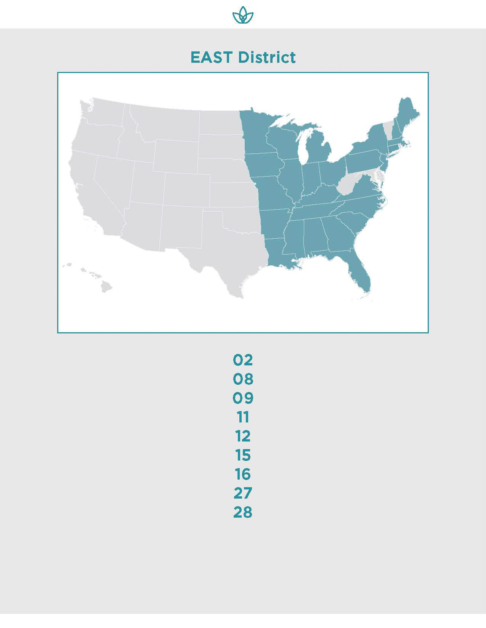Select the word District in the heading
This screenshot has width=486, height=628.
pyautogui.click(x=266, y=57)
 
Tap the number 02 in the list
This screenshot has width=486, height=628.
pyautogui.click(x=243, y=360)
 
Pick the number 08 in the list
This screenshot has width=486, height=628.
pyautogui.click(x=243, y=379)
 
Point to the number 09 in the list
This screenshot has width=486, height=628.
pyautogui.click(x=243, y=398)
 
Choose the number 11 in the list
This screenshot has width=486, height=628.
pyautogui.click(x=243, y=417)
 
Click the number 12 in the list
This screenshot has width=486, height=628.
pyautogui.click(x=243, y=436)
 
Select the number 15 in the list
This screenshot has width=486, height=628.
pyautogui.click(x=243, y=455)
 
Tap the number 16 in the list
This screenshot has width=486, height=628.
pyautogui.click(x=243, y=474)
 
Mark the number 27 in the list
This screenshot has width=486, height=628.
pyautogui.click(x=243, y=493)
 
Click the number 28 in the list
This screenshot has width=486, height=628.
pyautogui.click(x=243, y=512)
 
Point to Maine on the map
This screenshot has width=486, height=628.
pyautogui.click(x=408, y=114)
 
